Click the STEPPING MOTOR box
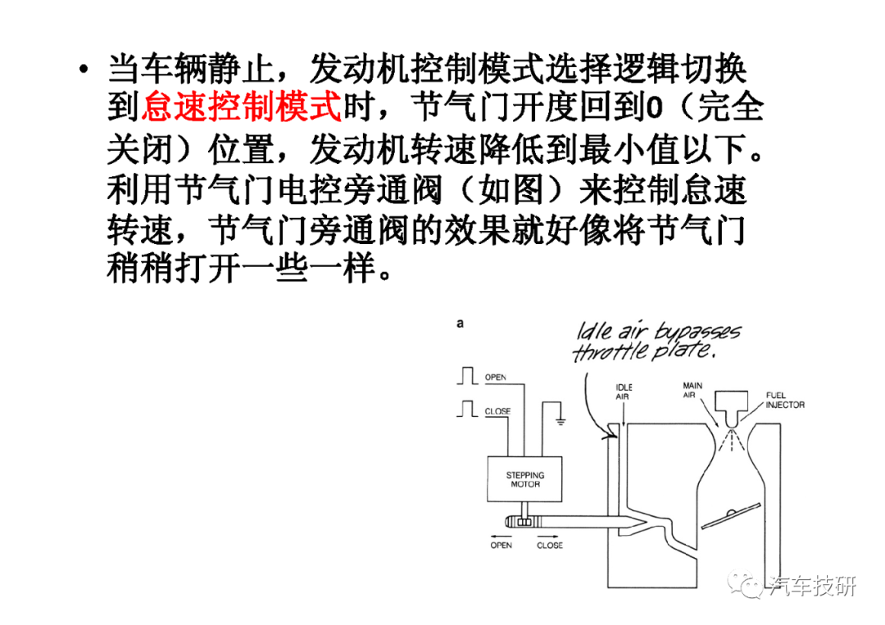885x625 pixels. [525, 479]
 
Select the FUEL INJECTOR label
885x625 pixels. [784, 400]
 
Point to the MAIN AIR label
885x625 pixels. [693, 389]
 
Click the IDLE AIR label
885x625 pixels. [623, 392]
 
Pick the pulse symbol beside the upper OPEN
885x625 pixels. [468, 376]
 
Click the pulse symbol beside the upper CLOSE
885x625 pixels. [468, 407]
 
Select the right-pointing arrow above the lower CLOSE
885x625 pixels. [548, 533]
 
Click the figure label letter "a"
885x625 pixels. [461, 324]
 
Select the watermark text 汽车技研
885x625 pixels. [811, 587]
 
